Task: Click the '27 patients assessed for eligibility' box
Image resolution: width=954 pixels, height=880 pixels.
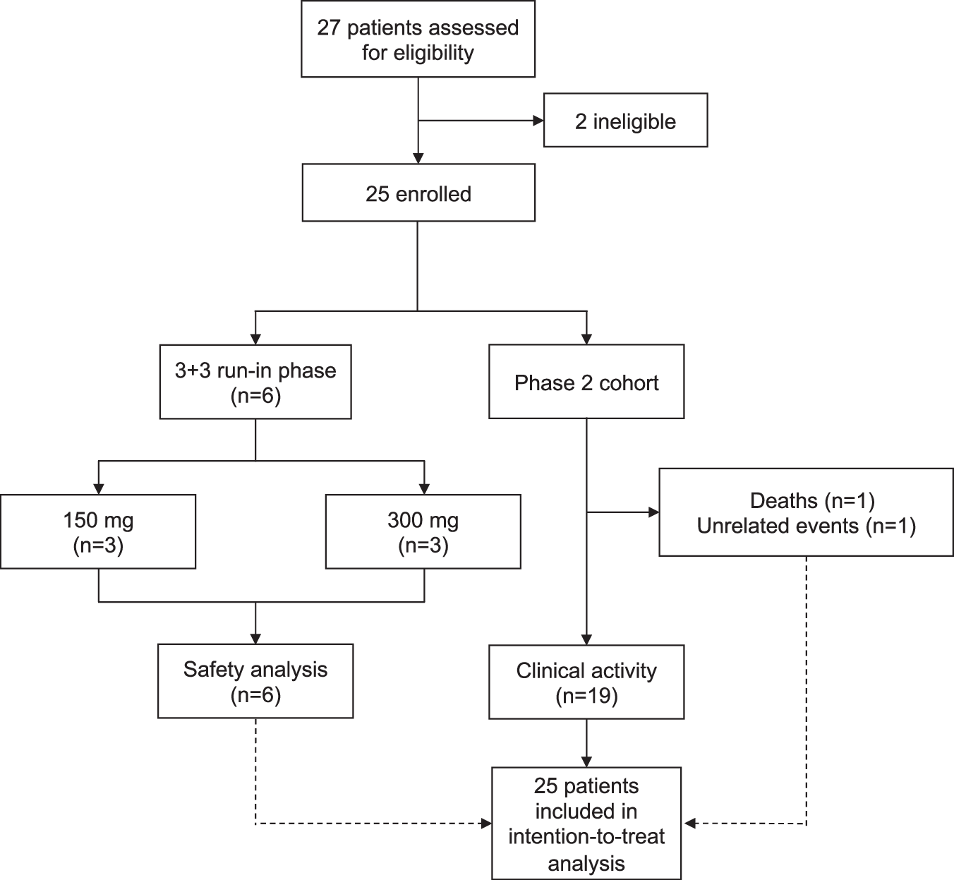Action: tap(418, 40)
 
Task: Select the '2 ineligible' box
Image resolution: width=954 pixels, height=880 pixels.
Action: tap(625, 121)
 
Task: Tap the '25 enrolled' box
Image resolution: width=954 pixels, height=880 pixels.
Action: tap(418, 193)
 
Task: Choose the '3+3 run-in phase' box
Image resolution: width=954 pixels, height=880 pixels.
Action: tap(255, 382)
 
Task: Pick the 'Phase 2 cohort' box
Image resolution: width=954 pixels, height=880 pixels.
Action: tap(586, 382)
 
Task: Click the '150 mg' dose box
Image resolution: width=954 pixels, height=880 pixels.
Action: tap(98, 532)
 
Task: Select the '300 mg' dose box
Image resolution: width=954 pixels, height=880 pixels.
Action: tap(423, 532)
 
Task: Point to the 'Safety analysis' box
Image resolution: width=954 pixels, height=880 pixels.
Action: tap(255, 681)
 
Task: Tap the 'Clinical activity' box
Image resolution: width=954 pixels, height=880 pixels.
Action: tap(586, 682)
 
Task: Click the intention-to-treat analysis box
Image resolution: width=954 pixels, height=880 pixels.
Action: tap(586, 824)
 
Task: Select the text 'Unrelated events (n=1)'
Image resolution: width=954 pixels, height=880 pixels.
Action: tap(806, 526)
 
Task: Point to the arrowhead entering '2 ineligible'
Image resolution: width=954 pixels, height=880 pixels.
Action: tap(538, 121)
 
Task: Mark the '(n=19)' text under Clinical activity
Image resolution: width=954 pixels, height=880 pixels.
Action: tap(586, 697)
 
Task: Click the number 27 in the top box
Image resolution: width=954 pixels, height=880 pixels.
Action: tap(329, 28)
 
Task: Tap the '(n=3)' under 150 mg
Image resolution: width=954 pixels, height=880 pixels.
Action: tap(98, 546)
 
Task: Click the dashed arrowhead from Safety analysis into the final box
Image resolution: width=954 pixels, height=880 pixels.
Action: tap(486, 823)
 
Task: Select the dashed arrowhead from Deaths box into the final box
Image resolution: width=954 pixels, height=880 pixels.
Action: tap(689, 823)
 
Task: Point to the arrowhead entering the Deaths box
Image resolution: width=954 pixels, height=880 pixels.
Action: tap(653, 512)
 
